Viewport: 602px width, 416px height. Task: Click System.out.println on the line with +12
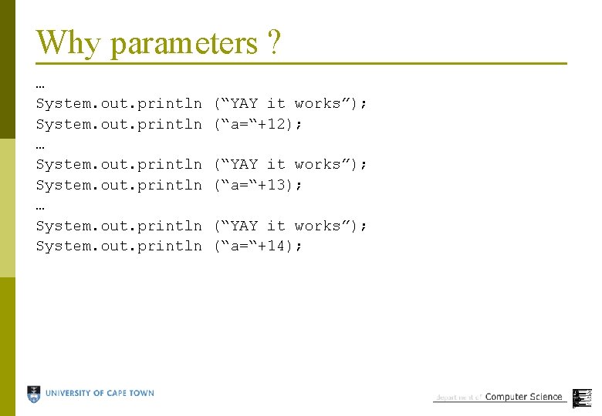[119, 123]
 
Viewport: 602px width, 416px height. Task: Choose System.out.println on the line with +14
[119, 246]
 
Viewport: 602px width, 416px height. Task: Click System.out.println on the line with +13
[119, 185]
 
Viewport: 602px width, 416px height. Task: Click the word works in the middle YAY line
[316, 164]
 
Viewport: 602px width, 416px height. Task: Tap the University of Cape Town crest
[34, 394]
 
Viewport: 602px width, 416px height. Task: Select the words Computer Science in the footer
[523, 397]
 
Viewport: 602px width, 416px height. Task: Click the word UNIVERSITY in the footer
[69, 393]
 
